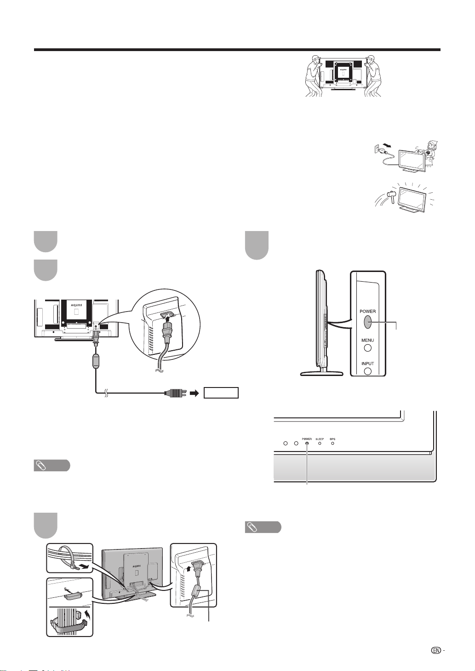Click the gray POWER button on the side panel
(x=367, y=322)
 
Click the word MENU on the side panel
(x=367, y=341)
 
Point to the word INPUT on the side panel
(x=367, y=364)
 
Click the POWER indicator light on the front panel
(x=307, y=444)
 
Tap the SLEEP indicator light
(x=320, y=444)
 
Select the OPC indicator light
(x=332, y=444)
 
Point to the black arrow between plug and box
(x=195, y=393)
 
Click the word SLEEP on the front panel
(x=320, y=439)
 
